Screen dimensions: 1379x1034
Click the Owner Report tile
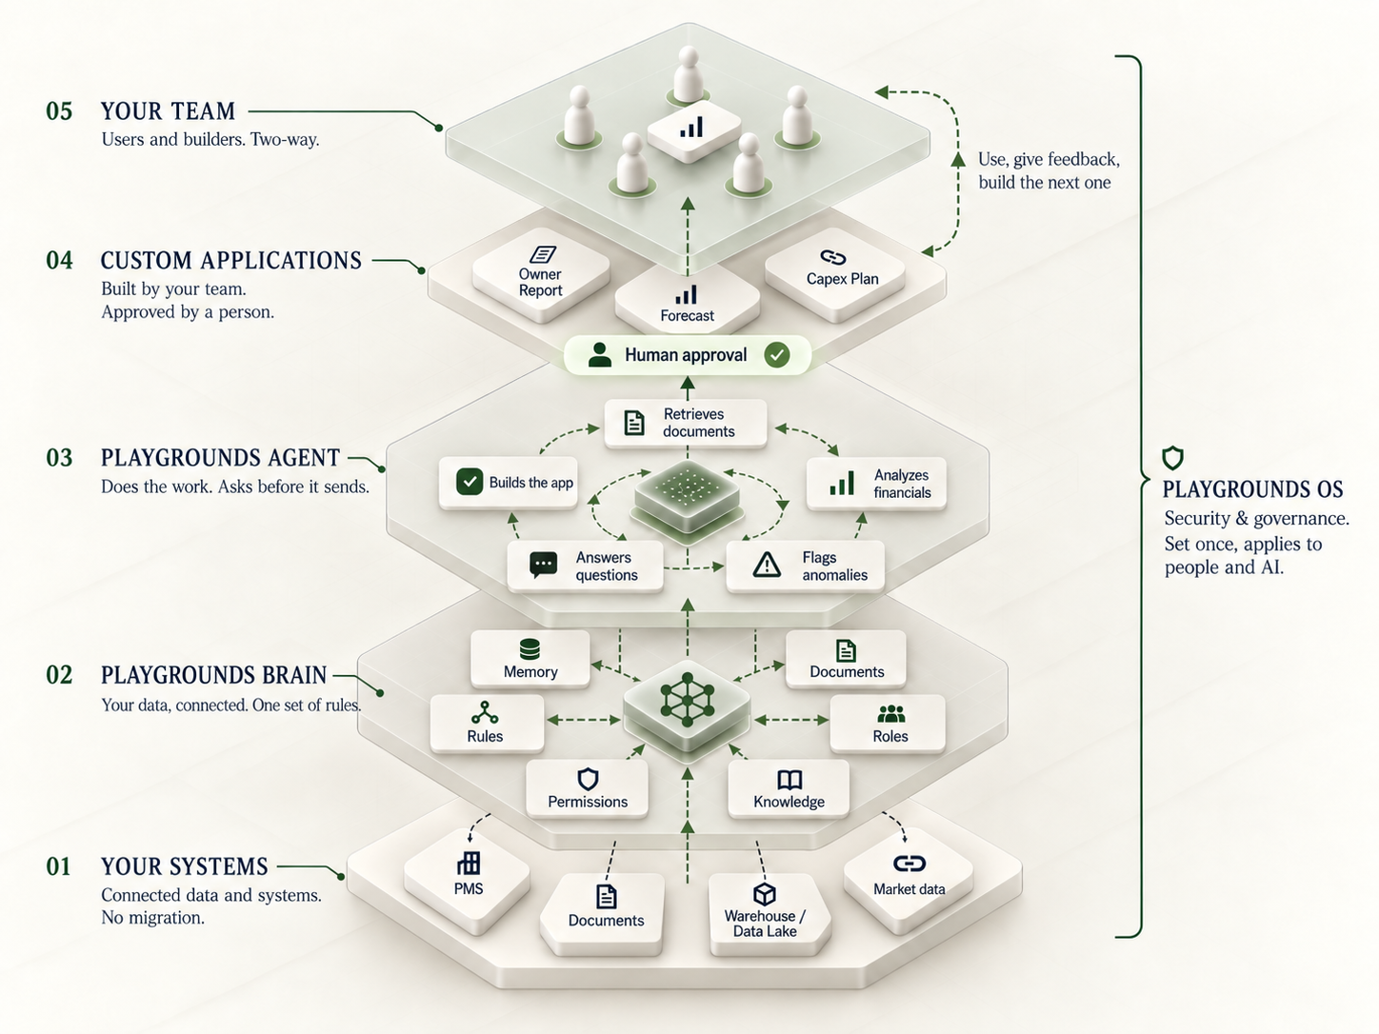(x=541, y=280)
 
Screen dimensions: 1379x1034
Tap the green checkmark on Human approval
(x=777, y=355)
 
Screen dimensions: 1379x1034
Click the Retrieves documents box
(x=686, y=423)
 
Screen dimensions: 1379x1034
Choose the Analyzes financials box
(x=876, y=484)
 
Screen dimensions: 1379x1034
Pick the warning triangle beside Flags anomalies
(x=767, y=565)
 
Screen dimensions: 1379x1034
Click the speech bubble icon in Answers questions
(x=543, y=565)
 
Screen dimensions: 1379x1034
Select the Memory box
(x=530, y=658)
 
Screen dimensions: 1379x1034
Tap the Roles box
(x=887, y=724)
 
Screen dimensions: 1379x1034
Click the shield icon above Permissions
(x=588, y=779)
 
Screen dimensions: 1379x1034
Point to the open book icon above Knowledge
(x=789, y=780)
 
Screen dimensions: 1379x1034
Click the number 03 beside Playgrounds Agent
(x=60, y=458)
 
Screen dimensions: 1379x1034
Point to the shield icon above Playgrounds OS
(x=1172, y=458)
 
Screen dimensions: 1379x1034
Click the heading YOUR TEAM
(x=168, y=111)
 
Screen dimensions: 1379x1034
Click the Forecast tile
(x=688, y=302)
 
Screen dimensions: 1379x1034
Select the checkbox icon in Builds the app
(x=470, y=482)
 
